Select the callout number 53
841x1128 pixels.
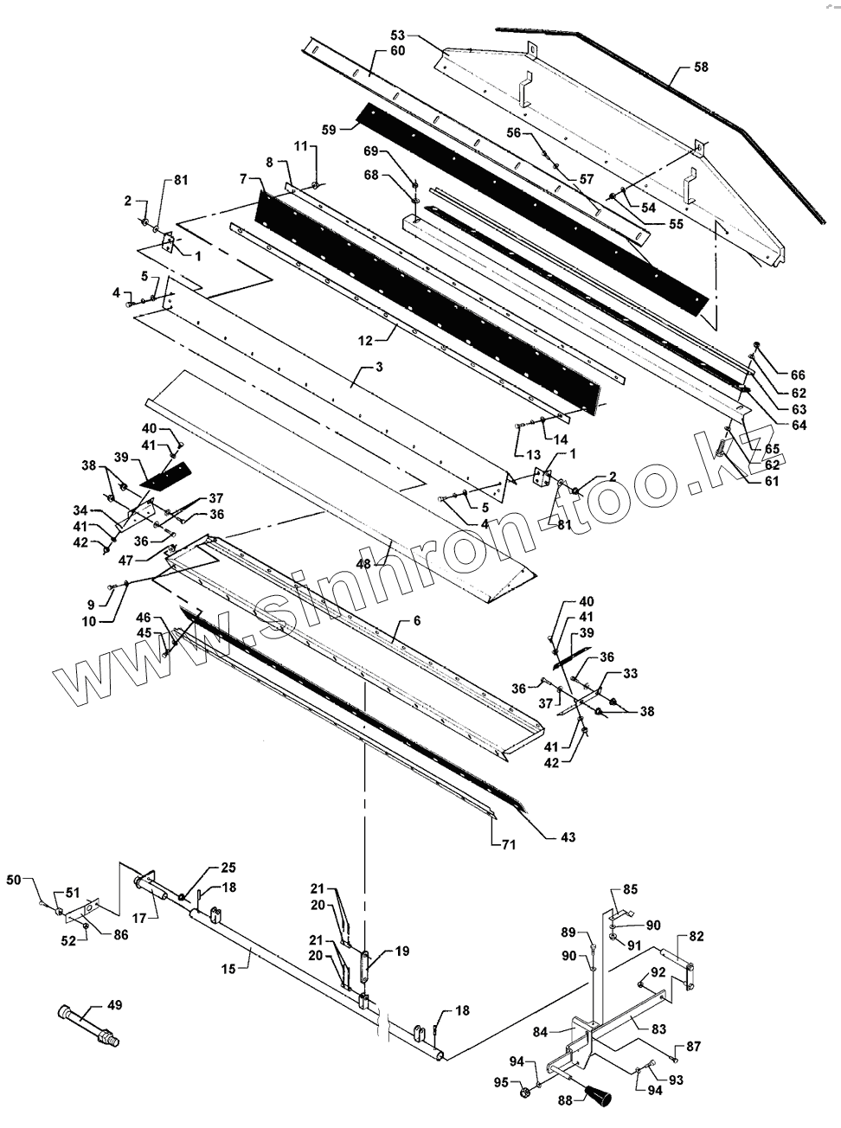[398, 35]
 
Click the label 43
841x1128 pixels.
[568, 837]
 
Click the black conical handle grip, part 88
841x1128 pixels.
[597, 1097]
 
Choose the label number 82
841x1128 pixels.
[697, 937]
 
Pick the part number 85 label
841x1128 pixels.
[630, 889]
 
